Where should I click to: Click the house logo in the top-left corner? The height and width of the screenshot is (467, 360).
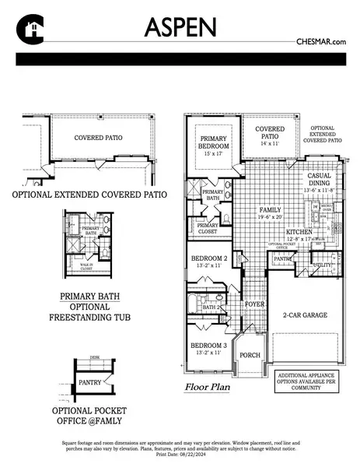[x=28, y=30]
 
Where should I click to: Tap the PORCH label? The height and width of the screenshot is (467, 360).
[x=250, y=355]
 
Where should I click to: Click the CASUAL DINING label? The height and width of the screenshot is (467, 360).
[x=320, y=181]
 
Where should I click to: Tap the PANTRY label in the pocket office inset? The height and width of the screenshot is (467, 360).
[x=91, y=382]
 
